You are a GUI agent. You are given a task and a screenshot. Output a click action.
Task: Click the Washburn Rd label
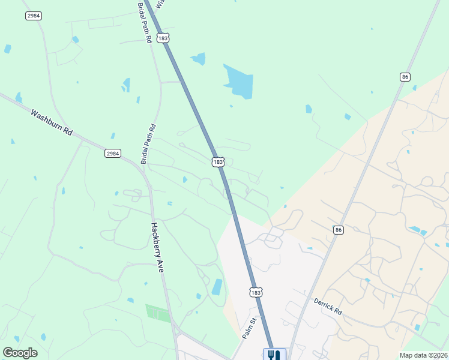pos(51,122)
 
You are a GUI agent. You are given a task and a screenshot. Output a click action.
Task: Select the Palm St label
pos(249,328)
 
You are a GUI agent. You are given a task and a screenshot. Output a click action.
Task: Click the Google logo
pos(20,352)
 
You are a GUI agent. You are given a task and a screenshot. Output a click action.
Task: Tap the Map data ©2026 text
pos(423,355)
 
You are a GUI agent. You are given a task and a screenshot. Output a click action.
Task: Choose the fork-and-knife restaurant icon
pos(274,355)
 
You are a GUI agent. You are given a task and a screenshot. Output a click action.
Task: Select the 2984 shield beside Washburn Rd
pos(112,154)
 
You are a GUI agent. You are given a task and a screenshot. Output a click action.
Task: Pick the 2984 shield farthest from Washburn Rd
pos(34,16)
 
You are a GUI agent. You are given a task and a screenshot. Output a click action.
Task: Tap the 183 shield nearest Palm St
pos(256,292)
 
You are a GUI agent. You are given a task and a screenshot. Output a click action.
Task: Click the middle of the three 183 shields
pos(218,162)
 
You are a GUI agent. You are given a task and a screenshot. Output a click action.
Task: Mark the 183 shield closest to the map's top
pos(163,38)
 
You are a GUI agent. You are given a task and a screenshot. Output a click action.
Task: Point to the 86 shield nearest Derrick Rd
pos(339,230)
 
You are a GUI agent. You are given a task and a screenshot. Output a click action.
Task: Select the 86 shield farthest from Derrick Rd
pos(405,77)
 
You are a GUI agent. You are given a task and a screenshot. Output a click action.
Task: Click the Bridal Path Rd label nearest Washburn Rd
pos(148,144)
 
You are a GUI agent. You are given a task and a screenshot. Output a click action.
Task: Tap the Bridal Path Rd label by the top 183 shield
pos(144,22)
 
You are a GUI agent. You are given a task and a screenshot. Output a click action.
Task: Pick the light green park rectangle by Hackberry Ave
pos(158,313)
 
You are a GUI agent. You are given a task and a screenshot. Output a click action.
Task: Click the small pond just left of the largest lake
pos(198,58)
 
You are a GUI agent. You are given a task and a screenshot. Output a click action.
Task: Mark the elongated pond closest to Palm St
pos(217,287)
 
